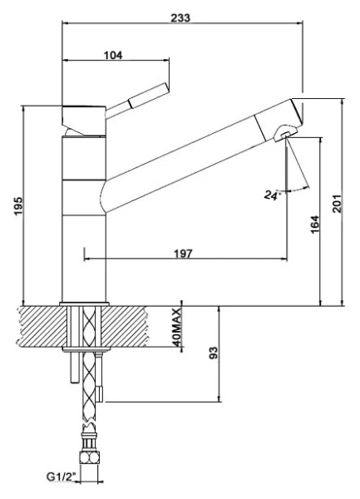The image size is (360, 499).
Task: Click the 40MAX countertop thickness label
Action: pos(176,327)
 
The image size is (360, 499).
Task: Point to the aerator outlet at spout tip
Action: pos(284,133)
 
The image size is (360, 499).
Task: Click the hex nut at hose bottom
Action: pos(89,457)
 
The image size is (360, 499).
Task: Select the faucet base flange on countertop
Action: pos(85,301)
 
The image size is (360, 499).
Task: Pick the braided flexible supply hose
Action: pos(90,391)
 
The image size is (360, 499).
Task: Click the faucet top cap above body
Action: pos(84,111)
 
